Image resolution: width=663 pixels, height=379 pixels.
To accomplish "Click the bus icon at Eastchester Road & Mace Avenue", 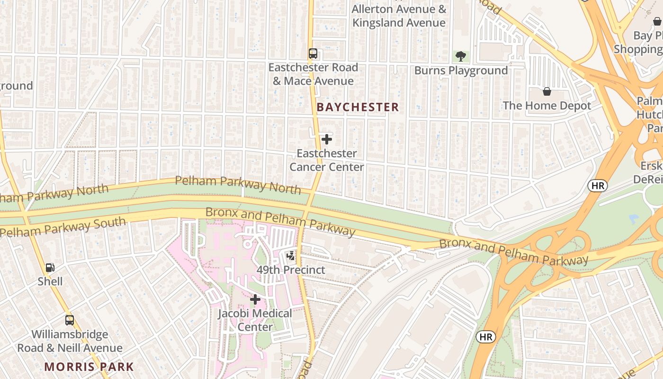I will click(313, 54).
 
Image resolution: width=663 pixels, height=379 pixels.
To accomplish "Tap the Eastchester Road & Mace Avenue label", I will click(313, 74).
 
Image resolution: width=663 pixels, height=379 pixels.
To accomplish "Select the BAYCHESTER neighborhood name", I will click(358, 108).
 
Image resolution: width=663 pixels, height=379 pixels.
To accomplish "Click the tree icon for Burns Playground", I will click(460, 57).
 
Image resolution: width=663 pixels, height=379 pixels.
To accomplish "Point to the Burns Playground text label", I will click(461, 71).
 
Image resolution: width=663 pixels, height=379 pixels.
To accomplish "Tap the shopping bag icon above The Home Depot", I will click(547, 91).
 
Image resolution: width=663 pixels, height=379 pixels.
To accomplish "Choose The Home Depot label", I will click(547, 106).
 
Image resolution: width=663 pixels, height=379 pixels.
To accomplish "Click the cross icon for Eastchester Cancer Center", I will click(326, 139).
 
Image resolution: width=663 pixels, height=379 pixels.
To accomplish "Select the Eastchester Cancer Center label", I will click(326, 160).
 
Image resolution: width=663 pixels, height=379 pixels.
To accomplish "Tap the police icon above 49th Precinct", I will click(291, 256).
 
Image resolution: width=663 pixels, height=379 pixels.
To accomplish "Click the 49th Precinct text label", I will click(291, 270).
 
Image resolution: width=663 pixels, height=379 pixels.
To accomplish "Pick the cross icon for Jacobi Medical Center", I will click(255, 299).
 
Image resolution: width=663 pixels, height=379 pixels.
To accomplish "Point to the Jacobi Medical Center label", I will click(255, 320).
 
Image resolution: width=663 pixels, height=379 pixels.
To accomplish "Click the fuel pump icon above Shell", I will click(50, 268).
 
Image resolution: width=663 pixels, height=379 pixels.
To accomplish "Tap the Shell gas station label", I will click(50, 281).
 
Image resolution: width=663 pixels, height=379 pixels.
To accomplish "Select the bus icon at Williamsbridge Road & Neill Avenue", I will click(70, 320).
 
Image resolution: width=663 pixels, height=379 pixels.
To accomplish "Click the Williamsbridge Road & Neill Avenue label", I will click(70, 341).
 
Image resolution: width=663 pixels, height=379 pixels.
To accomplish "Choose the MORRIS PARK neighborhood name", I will click(89, 367).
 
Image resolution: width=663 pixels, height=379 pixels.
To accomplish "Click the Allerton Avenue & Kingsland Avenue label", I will click(399, 16).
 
